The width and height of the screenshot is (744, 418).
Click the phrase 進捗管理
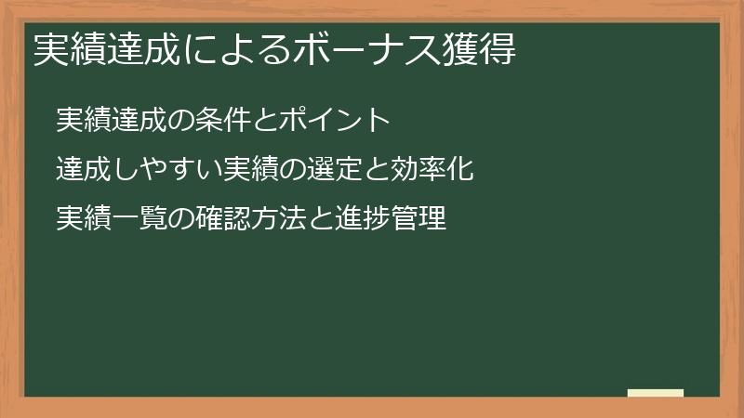pos(391,220)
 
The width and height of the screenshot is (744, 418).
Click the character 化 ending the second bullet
pos(462,170)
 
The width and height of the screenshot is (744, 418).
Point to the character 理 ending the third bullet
pos(433,220)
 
